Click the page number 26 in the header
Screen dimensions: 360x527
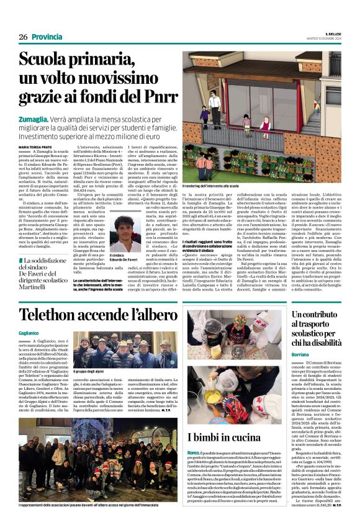(x=22, y=37)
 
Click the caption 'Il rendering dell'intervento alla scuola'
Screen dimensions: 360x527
(x=211, y=186)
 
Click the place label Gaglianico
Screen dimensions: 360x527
(x=29, y=334)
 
